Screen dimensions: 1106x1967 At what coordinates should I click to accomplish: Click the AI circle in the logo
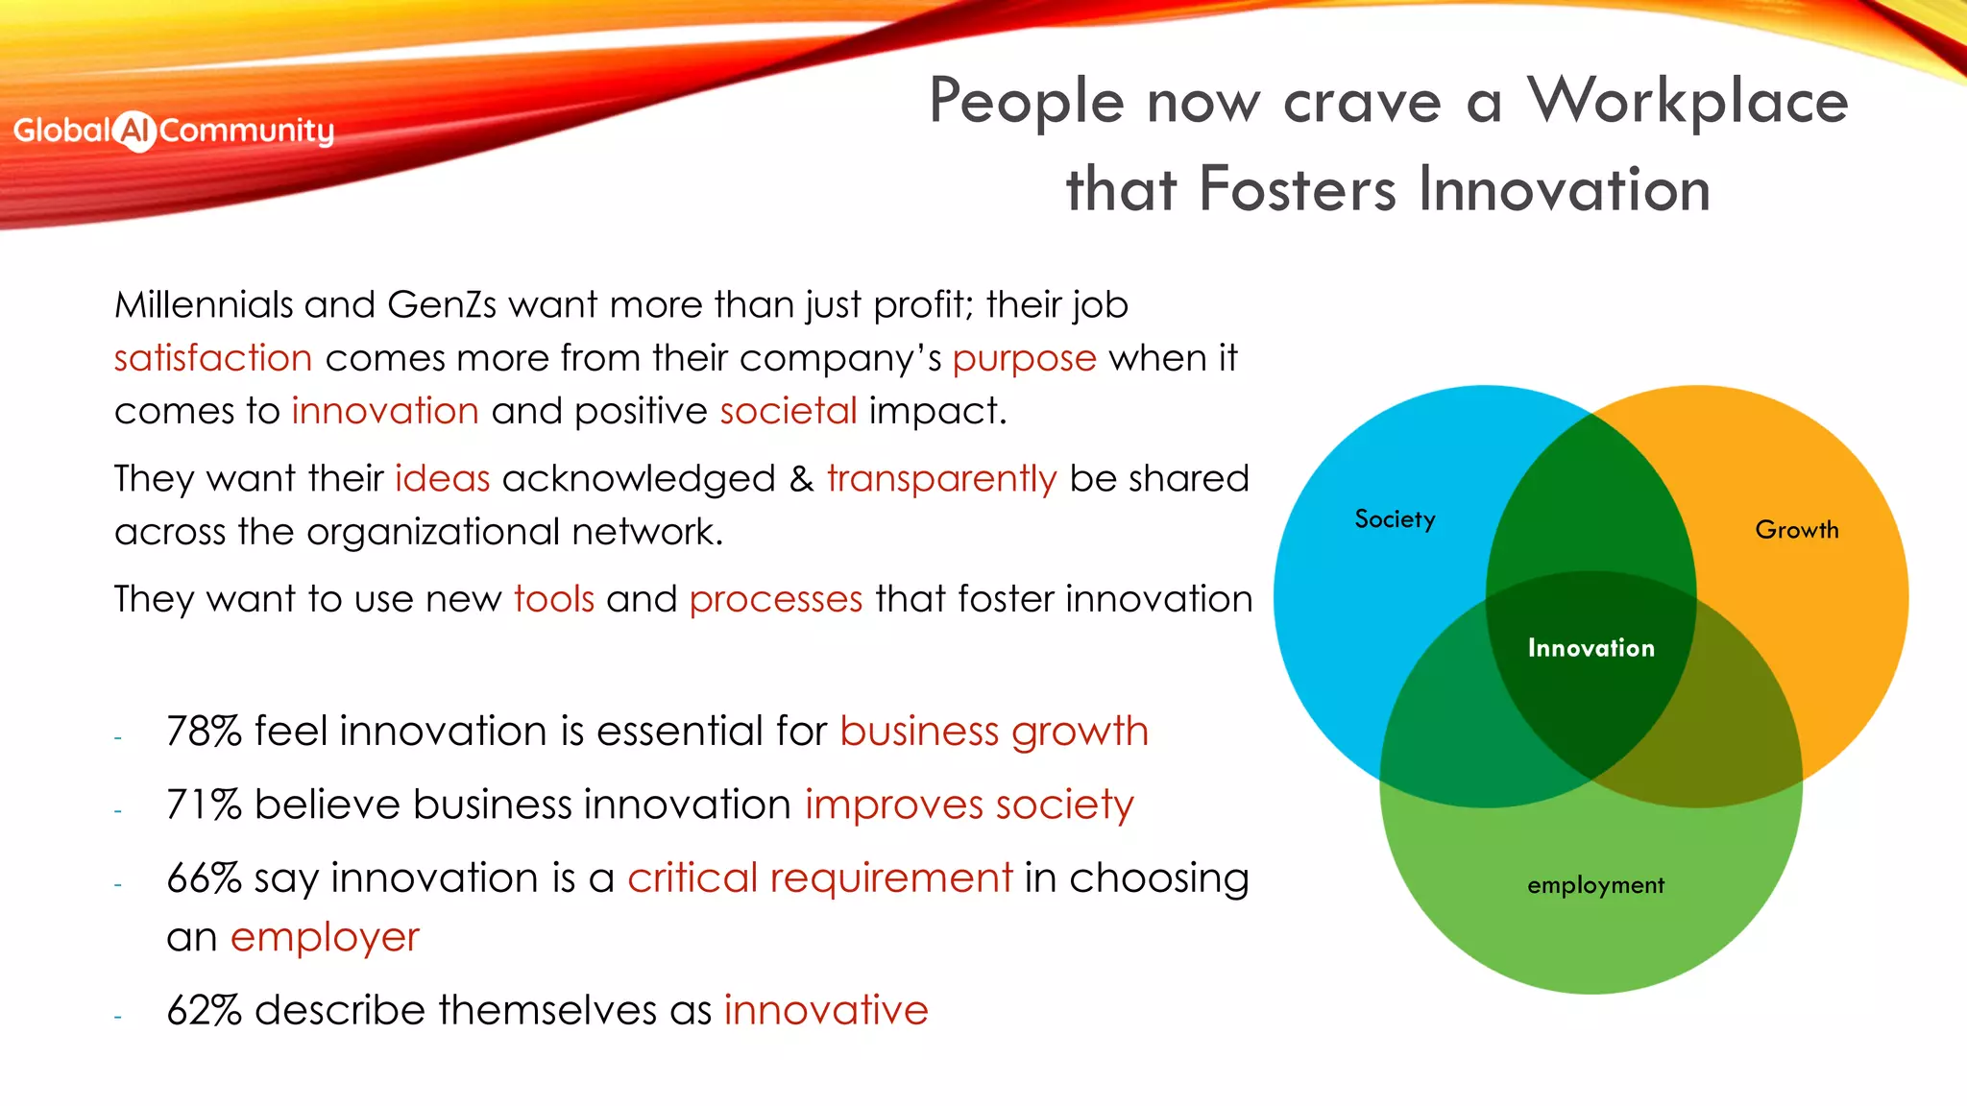coord(134,132)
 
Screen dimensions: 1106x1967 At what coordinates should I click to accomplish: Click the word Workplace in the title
coord(1688,102)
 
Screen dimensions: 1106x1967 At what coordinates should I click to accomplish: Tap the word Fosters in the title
coord(1298,189)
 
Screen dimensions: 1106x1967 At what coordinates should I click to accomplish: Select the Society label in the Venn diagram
coord(1395,519)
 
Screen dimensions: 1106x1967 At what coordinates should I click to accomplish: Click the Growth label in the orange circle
coord(1796,530)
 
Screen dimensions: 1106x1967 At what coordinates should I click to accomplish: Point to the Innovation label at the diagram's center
coord(1591,648)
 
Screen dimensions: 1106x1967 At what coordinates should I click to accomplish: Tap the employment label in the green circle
coord(1595,885)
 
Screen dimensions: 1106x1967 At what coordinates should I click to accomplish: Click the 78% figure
coord(204,732)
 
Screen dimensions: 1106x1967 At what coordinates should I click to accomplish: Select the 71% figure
coord(204,805)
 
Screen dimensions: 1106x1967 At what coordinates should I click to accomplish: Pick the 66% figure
coord(204,878)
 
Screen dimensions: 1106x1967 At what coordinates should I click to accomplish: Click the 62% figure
coord(204,1011)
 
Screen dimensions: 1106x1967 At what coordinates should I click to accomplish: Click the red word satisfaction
coord(213,358)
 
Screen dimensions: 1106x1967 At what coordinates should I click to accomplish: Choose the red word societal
coord(789,411)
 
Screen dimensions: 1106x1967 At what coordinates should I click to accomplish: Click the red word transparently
coord(941,479)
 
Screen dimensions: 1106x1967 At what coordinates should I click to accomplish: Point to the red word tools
coord(554,599)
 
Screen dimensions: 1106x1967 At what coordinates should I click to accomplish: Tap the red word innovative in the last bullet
coord(826,1011)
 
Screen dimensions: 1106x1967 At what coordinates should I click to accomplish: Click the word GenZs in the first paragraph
coord(442,305)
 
